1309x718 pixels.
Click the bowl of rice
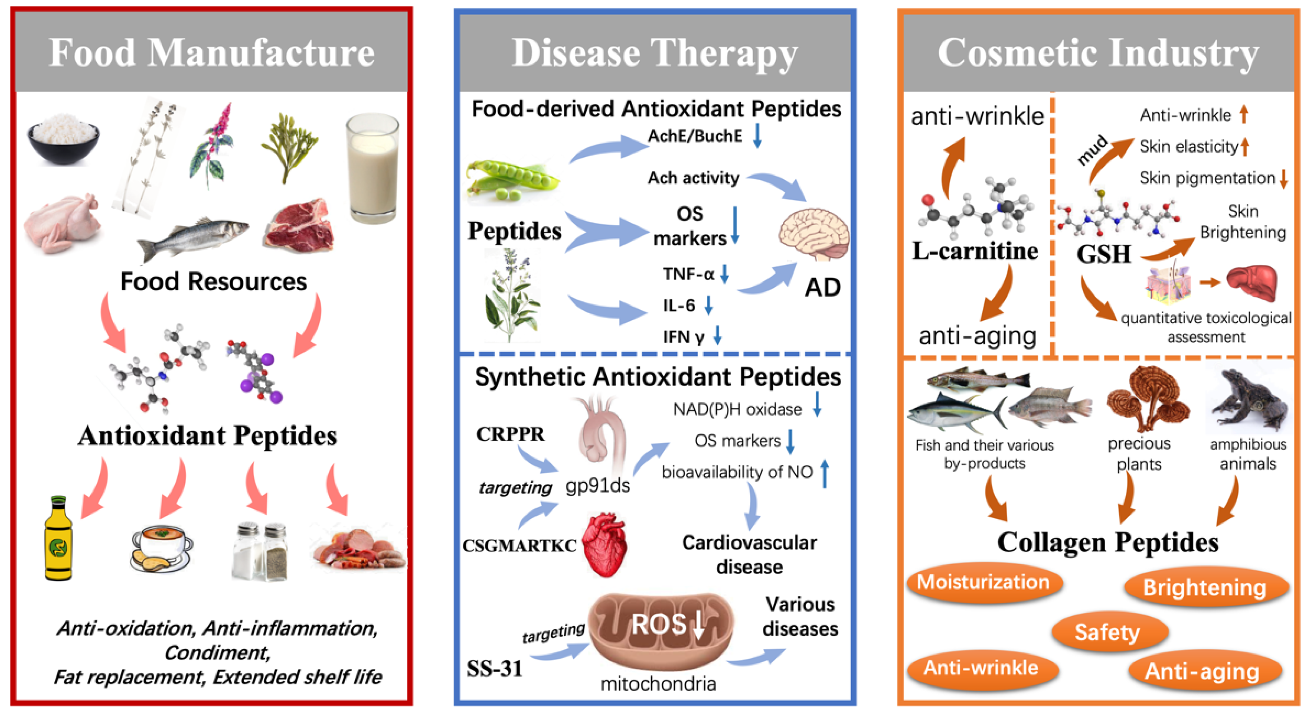coord(63,138)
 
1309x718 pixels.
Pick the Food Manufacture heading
coord(211,53)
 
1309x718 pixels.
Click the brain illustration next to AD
coord(813,234)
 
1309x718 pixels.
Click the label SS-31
coord(494,668)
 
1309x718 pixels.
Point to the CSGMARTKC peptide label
coord(519,546)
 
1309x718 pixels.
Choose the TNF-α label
coord(688,274)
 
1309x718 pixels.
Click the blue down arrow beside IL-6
coord(708,305)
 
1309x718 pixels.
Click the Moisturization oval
coord(983,582)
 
